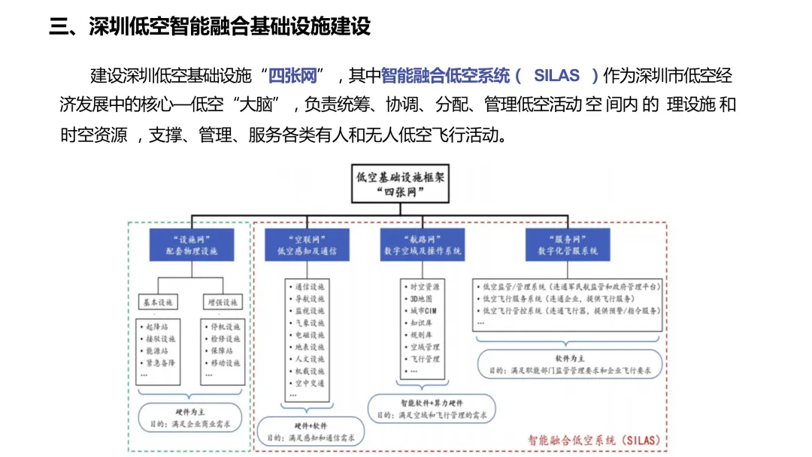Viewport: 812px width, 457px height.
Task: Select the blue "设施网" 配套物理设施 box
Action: [x=191, y=244]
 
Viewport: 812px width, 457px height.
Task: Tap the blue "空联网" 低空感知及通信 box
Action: [x=307, y=244]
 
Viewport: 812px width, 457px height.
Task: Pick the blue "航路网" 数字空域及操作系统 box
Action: [x=422, y=244]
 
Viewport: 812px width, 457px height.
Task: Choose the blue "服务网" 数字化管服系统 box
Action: [x=568, y=244]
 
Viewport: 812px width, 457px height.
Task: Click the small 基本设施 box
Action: [x=158, y=302]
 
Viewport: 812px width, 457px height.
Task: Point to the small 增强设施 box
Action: [x=223, y=302]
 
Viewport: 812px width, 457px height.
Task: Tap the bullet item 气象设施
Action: [x=309, y=322]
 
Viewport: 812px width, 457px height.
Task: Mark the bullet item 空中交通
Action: [x=309, y=383]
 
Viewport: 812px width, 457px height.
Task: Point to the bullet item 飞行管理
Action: [x=425, y=359]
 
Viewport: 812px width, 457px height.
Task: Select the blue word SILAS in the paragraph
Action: [x=556, y=75]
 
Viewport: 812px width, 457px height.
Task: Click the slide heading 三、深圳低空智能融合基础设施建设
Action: [x=210, y=27]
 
